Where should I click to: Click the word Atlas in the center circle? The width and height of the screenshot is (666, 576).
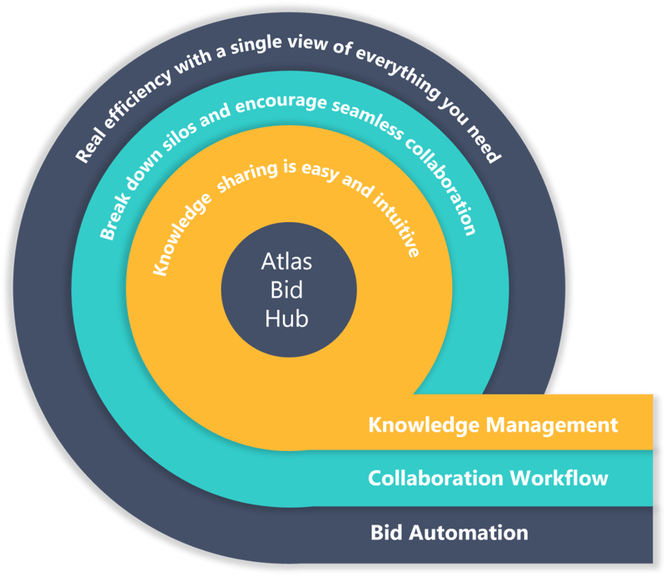tap(287, 261)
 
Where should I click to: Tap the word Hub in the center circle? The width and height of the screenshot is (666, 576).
tap(287, 318)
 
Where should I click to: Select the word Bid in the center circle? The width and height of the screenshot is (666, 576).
tap(287, 290)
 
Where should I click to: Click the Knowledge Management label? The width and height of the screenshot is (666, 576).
tap(492, 425)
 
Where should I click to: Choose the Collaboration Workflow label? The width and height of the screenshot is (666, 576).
tap(488, 478)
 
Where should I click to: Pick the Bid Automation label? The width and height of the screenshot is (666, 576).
tap(449, 532)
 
